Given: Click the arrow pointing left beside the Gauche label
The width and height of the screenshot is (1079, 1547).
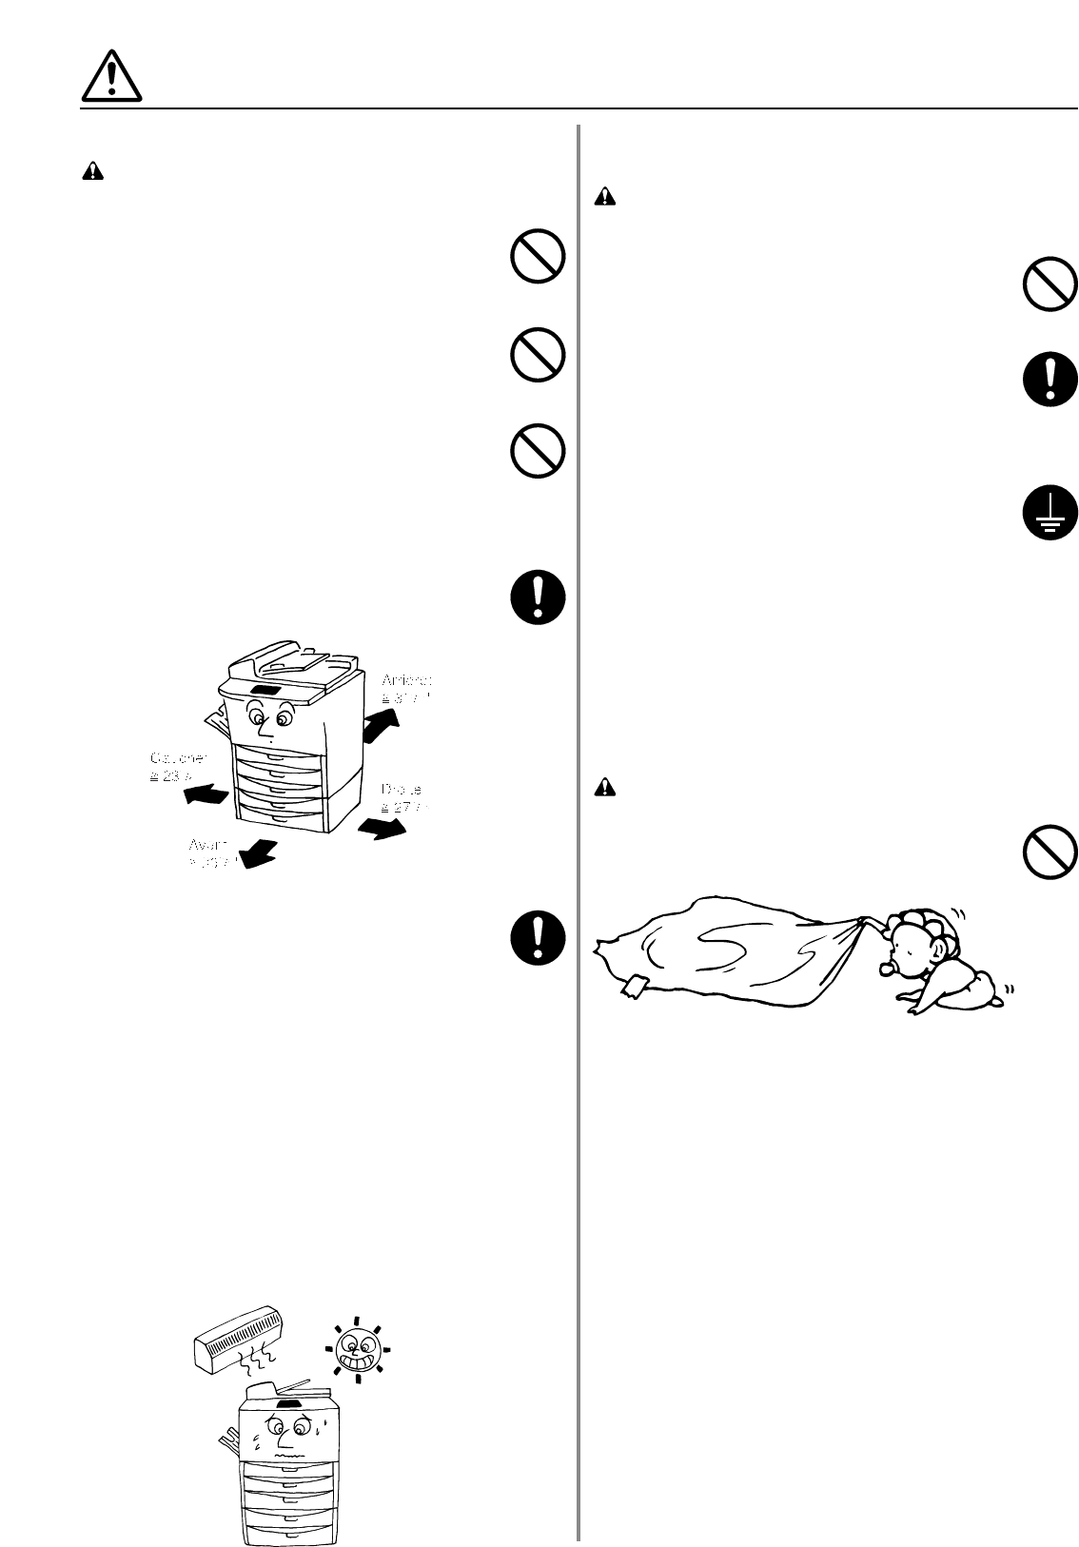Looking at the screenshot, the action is (206, 793).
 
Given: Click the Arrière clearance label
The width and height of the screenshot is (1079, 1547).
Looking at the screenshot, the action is (406, 689).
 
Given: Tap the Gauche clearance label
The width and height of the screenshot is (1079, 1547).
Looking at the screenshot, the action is (177, 767).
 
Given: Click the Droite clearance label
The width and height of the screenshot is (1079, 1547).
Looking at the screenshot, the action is (404, 797).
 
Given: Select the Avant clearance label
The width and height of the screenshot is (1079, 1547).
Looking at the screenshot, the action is (209, 852).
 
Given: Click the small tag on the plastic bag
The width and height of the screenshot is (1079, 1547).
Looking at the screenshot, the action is (635, 987).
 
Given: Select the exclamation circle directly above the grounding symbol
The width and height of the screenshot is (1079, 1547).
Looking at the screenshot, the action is (1050, 381).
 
